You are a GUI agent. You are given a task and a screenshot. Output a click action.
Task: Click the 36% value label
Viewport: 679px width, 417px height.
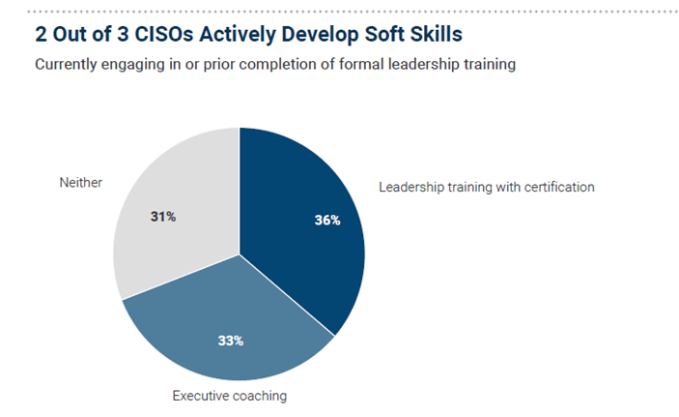327,220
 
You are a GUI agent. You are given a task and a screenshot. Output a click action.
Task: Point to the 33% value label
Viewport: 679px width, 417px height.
231,340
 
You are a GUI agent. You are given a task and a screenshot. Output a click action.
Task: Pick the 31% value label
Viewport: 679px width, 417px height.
162,216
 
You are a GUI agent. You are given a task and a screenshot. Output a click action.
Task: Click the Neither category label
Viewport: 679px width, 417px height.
80,183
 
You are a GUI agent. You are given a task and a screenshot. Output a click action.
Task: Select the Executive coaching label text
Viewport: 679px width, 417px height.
229,395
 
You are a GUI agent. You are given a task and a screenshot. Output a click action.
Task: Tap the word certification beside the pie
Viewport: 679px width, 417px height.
552,186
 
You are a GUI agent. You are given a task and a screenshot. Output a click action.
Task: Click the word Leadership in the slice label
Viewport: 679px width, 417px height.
412,186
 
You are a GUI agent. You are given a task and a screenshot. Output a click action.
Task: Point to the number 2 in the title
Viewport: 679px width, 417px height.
42,36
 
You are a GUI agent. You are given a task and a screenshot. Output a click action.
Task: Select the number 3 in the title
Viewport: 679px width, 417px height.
112,36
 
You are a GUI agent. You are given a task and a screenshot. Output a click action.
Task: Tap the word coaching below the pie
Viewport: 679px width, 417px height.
259,395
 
